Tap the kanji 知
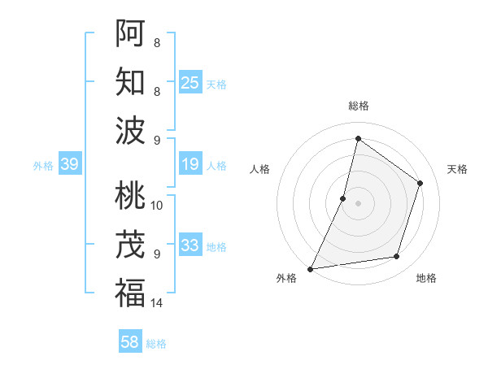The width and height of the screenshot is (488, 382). [x=130, y=81]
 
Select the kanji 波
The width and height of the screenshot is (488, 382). [x=130, y=130]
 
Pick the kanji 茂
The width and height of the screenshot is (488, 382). [x=130, y=244]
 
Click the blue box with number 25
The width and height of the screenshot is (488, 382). [x=190, y=82]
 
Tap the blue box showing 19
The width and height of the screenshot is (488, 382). [x=190, y=165]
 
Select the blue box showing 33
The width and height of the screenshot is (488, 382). [x=190, y=245]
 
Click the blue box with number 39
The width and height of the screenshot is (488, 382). [x=69, y=165]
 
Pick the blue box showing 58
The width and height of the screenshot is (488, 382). [x=130, y=342]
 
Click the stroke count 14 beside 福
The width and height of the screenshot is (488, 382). [x=157, y=303]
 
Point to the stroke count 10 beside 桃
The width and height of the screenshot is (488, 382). [x=157, y=205]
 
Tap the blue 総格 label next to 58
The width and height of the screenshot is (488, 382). [x=156, y=344]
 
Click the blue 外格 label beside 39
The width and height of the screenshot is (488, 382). [x=43, y=166]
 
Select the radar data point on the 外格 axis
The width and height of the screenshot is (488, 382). [x=310, y=268]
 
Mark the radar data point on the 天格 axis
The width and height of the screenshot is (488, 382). [x=420, y=183]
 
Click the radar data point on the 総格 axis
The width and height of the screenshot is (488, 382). [x=358, y=138]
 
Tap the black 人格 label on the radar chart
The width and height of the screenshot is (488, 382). [x=260, y=169]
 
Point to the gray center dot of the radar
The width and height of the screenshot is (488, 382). [x=358, y=203]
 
